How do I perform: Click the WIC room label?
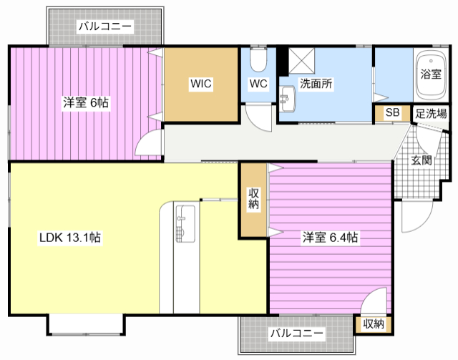201,84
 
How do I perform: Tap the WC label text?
258,84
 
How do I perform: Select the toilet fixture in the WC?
258,59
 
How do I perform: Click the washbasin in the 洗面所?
287,99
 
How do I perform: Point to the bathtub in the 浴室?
431,75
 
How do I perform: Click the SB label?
392,112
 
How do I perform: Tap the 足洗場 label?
431,113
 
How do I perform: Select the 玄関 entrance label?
422,160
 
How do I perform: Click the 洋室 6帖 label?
86,102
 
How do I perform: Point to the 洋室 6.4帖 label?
330,238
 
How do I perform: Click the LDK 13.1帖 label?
70,238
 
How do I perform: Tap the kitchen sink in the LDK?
185,224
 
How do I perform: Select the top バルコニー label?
105,26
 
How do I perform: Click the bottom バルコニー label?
297,333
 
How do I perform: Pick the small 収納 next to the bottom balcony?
374,323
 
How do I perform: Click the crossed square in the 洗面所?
302,61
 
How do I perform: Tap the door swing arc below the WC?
259,117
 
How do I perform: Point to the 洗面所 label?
316,84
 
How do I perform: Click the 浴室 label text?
431,74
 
